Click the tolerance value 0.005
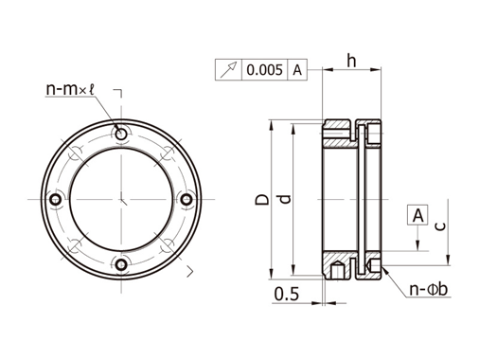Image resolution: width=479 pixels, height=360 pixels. tap(264, 69)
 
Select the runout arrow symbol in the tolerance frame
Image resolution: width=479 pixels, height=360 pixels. tap(228, 70)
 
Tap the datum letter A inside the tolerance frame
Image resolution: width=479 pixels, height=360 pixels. tap(297, 70)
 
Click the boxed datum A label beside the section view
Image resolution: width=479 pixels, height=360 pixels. tap(417, 215)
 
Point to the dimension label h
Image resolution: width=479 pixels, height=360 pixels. tap(351, 60)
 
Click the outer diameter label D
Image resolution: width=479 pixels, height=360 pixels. tap(262, 199)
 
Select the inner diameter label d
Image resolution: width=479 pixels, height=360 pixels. tap(285, 199)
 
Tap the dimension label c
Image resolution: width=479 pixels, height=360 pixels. tap(442, 225)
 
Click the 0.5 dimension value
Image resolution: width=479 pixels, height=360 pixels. tap(286, 294)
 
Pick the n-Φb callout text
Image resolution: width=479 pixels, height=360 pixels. tap(429, 289)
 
